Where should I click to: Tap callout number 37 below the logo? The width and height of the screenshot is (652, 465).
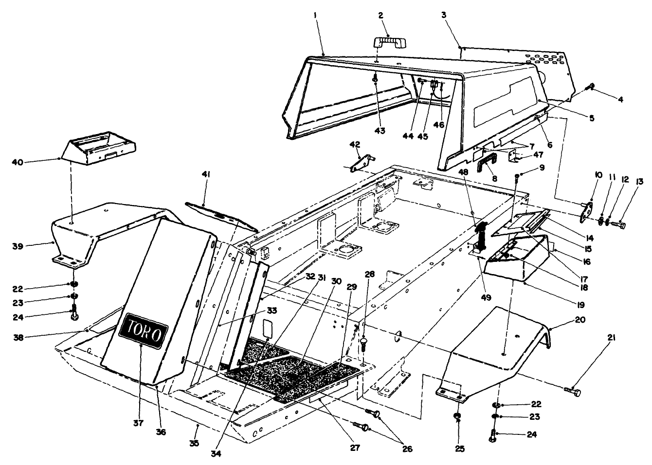tap(138, 423)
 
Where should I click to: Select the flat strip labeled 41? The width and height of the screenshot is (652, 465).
tap(221, 215)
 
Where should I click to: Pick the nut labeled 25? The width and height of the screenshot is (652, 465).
tap(457, 416)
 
